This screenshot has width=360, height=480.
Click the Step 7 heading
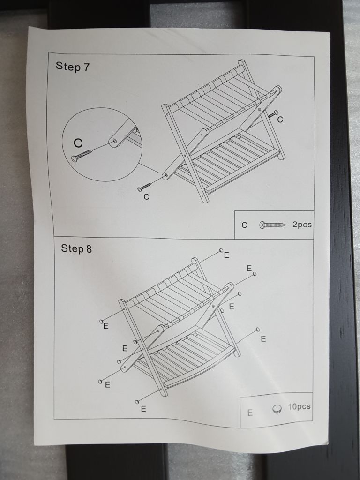(x=73, y=67)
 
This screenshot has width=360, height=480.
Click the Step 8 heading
(x=76, y=248)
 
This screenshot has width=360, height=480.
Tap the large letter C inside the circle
(x=78, y=143)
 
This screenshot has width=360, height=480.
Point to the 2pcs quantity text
(x=301, y=225)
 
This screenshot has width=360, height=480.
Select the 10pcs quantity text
(x=299, y=407)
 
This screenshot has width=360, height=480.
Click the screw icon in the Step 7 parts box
(x=272, y=225)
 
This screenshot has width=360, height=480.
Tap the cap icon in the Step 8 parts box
(x=277, y=409)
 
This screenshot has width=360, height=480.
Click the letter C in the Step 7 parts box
(x=244, y=225)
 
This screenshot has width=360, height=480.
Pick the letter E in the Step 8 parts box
(x=250, y=412)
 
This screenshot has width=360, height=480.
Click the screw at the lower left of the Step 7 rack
(x=145, y=187)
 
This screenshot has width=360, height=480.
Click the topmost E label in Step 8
(x=226, y=255)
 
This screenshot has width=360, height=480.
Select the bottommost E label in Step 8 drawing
(x=143, y=409)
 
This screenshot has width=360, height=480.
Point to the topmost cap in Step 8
(x=221, y=250)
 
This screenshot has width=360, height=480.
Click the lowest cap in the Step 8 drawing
(x=137, y=402)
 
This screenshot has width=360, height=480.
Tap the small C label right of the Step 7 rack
(x=280, y=120)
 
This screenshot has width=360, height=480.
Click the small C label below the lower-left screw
(x=146, y=197)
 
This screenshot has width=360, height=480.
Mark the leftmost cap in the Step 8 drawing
(x=100, y=382)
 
